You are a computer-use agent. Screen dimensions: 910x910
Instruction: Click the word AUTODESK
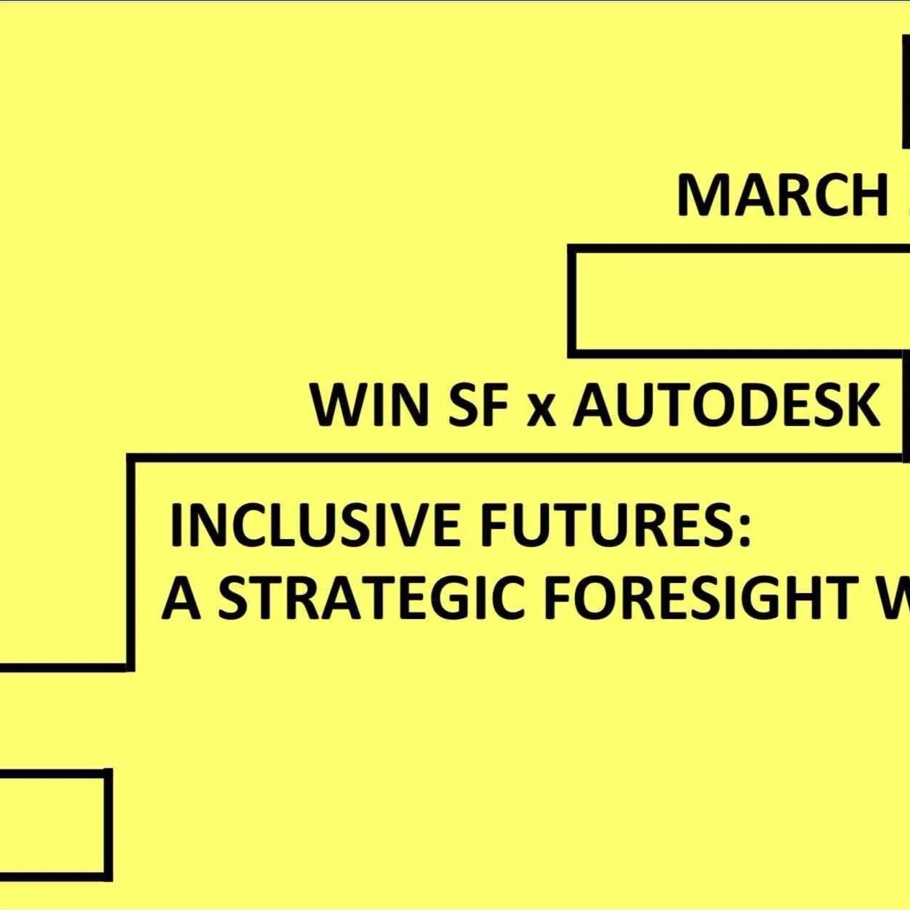coord(726,405)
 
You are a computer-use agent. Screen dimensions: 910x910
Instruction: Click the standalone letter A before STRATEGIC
coord(181,599)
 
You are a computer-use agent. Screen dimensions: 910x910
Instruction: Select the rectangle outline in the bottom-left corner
coord(107,824)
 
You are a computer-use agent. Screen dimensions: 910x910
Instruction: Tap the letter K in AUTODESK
coord(861,405)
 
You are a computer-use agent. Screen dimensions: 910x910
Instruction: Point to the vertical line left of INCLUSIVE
coord(130,562)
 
